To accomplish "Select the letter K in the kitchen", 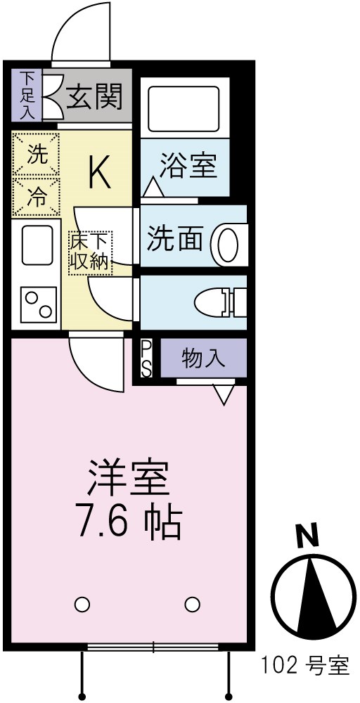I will coord(98,173).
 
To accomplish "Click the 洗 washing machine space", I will coord(36,155).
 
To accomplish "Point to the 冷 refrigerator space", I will coord(36,198).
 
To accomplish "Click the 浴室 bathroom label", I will coord(187,167).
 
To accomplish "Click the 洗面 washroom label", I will coord(174,238).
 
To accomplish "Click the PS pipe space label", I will coord(146,359).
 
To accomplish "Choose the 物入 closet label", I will coord(203,359).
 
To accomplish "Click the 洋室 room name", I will coord(128,478).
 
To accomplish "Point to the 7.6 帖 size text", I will coord(128,520).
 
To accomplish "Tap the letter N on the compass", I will coord(307,536).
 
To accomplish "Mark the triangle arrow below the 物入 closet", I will coord(224,394).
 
